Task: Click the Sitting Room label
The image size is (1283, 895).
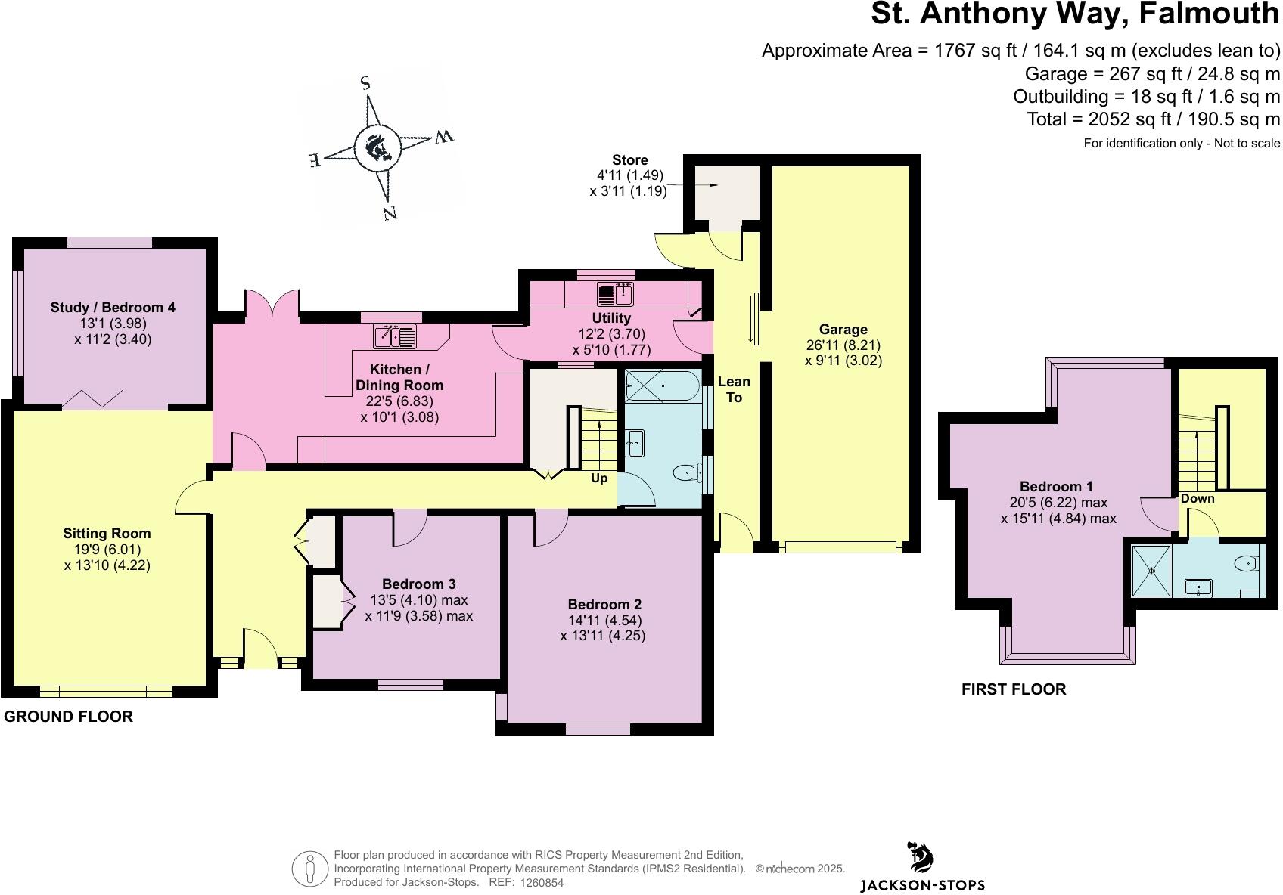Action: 107,534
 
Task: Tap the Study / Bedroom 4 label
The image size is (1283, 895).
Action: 113,307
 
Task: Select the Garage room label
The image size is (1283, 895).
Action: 843,330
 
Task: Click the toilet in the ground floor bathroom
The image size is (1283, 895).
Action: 685,474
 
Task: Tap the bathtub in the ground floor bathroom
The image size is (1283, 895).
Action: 663,386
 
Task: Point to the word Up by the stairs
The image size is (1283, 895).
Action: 599,478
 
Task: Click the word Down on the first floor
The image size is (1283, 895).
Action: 1198,499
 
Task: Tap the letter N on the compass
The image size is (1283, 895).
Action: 390,213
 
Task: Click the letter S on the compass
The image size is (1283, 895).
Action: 365,83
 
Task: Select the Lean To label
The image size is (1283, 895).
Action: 734,389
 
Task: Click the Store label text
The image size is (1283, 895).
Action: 630,160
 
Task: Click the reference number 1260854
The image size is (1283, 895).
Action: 542,883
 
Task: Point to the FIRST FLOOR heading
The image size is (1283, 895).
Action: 1013,689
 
